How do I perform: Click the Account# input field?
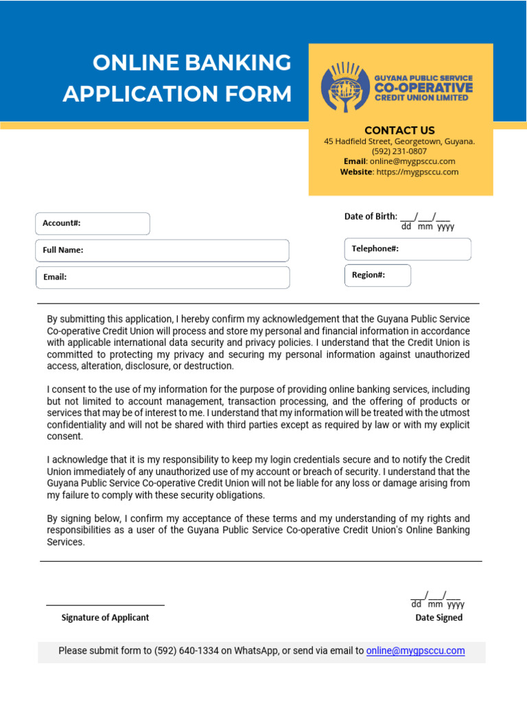click(x=92, y=224)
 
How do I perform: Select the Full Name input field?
click(x=162, y=251)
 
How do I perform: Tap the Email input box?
click(x=162, y=277)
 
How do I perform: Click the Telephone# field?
click(x=407, y=249)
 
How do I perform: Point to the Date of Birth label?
click(x=371, y=216)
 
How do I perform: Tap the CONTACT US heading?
click(x=399, y=130)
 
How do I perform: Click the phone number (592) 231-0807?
click(x=399, y=151)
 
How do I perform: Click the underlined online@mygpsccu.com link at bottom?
click(x=415, y=651)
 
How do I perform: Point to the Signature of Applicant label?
click(x=105, y=617)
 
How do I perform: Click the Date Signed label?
click(x=438, y=617)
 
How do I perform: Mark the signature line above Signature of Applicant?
click(x=105, y=606)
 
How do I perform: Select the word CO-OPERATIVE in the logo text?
click(x=423, y=88)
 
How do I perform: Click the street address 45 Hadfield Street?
click(x=363, y=141)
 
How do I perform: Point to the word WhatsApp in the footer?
click(x=256, y=651)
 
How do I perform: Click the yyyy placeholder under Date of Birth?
click(x=446, y=227)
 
